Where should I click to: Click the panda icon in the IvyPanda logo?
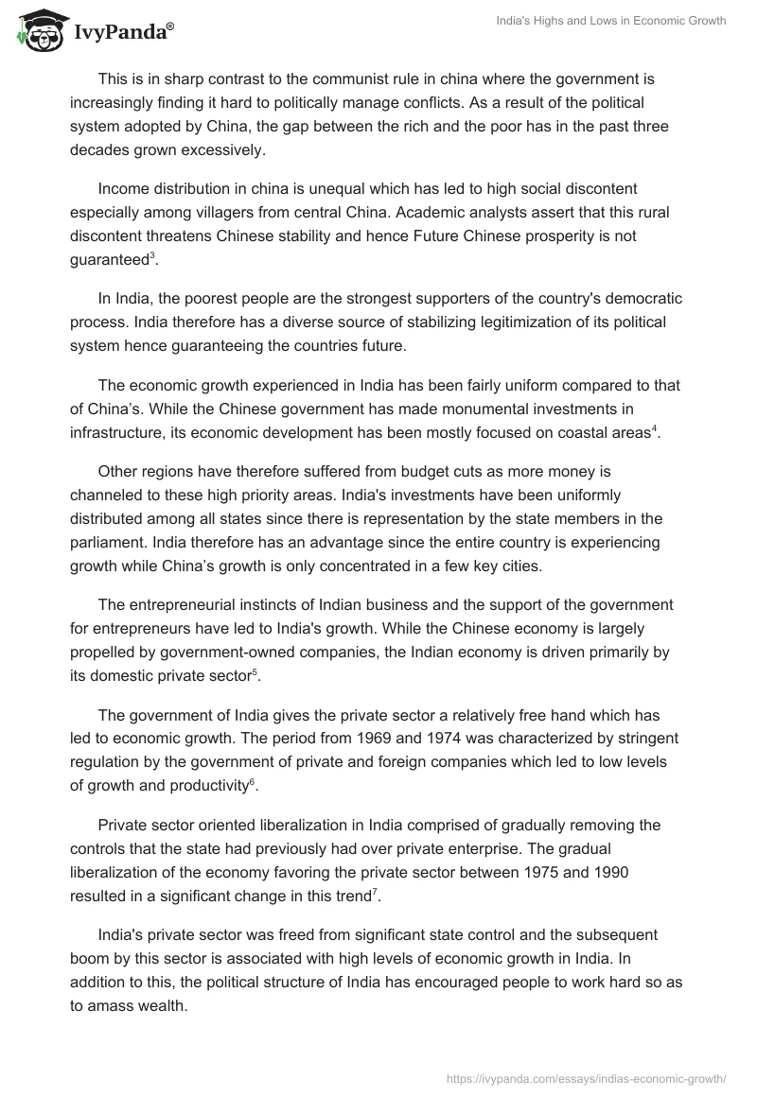(x=36, y=32)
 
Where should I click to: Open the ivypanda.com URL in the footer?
(x=586, y=1076)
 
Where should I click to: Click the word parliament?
(x=110, y=541)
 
